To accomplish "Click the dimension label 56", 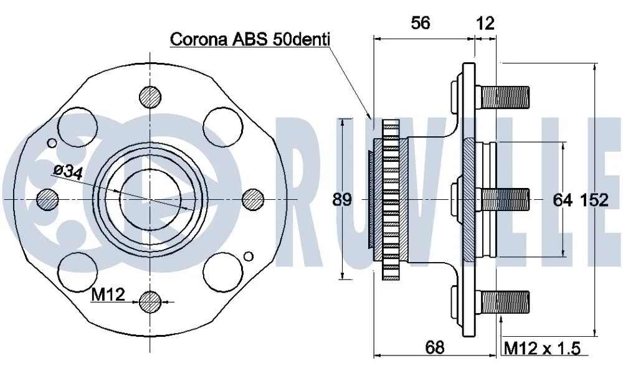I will coord(421,23).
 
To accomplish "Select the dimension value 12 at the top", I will coord(485,23).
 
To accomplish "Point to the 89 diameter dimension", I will coord(342,200).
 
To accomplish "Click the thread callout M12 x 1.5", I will coord(541,347).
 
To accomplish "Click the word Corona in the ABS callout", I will coord(200,40).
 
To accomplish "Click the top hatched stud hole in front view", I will coord(150,96).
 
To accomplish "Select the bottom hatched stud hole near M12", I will coord(150,302).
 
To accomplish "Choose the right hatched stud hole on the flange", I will coord(252,199).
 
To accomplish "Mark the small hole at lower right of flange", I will coord(249,256).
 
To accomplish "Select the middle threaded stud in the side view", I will coord(505,199).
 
